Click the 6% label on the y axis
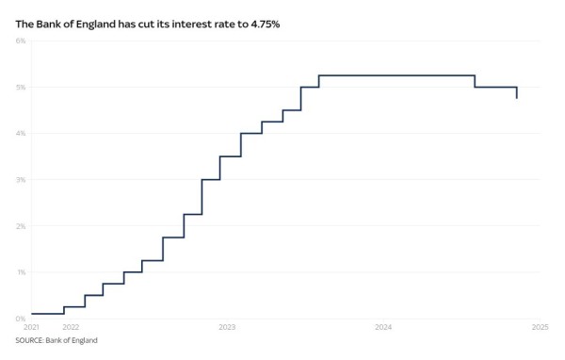click(21, 41)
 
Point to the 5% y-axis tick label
click(21, 88)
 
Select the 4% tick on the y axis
click(21, 134)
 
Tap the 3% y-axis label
click(21, 180)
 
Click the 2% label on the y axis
click(21, 226)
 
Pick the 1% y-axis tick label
click(21, 272)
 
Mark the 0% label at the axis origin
click(21, 319)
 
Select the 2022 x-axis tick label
click(70, 327)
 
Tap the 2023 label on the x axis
click(227, 327)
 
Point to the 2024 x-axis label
click(383, 327)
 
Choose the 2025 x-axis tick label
click(540, 327)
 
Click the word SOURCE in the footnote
click(29, 340)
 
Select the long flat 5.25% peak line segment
click(395, 75)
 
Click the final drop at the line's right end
click(517, 92)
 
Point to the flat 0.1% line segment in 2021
click(47, 314)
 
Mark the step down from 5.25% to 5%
click(475, 81)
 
